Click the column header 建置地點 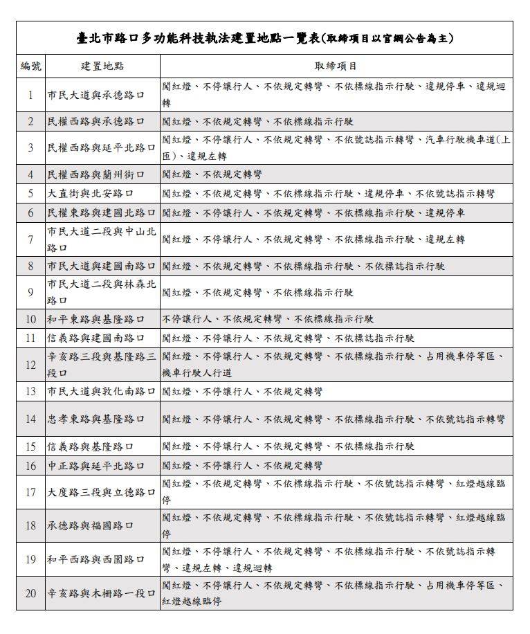pyautogui.click(x=102, y=66)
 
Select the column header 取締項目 pyautogui.click(x=336, y=66)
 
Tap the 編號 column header pyautogui.click(x=30, y=66)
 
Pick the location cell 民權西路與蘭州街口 pyautogui.click(x=96, y=174)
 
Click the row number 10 pyautogui.click(x=30, y=319)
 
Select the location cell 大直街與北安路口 pyautogui.click(x=91, y=194)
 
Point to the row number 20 pyautogui.click(x=30, y=593)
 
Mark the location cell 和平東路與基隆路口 pyautogui.click(x=96, y=319)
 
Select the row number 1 pyautogui.click(x=30, y=95)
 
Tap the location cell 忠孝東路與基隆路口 pyautogui.click(x=96, y=419)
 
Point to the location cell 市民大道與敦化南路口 pyautogui.click(x=102, y=392)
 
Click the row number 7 pyautogui.click(x=30, y=239)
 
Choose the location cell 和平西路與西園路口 pyautogui.click(x=96, y=559)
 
